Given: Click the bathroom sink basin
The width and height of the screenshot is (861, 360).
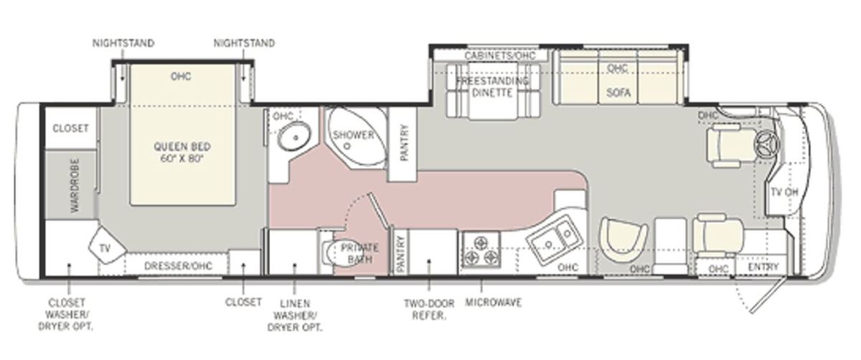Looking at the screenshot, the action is pos(294,137).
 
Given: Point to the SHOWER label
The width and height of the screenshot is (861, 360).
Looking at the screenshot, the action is pos(353,135).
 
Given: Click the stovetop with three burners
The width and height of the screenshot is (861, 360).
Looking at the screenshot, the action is pos(481,250).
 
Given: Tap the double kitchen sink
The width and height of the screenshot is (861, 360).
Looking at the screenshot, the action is pos(554,239).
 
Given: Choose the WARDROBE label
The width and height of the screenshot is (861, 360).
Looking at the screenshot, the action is pos(75,185).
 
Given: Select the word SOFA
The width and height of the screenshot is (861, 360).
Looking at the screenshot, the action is pos(618,93).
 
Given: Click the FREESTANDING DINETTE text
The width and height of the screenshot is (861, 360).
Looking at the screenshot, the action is pos(492,87).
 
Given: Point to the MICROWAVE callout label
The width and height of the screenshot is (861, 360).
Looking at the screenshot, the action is pos(494,303).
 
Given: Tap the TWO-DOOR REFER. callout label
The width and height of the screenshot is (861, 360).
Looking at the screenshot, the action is pos(429,310).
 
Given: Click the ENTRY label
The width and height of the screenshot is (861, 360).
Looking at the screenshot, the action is pos(763,267).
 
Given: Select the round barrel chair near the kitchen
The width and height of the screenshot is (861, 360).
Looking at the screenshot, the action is pos(624,240).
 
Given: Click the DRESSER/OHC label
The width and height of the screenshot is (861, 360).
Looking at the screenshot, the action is pos(178,266).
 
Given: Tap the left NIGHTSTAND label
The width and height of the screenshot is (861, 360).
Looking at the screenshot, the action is pos(123,43).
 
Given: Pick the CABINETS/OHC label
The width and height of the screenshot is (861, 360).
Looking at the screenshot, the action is pos(499,56).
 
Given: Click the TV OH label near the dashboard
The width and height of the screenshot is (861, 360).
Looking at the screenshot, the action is pos(784,192).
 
